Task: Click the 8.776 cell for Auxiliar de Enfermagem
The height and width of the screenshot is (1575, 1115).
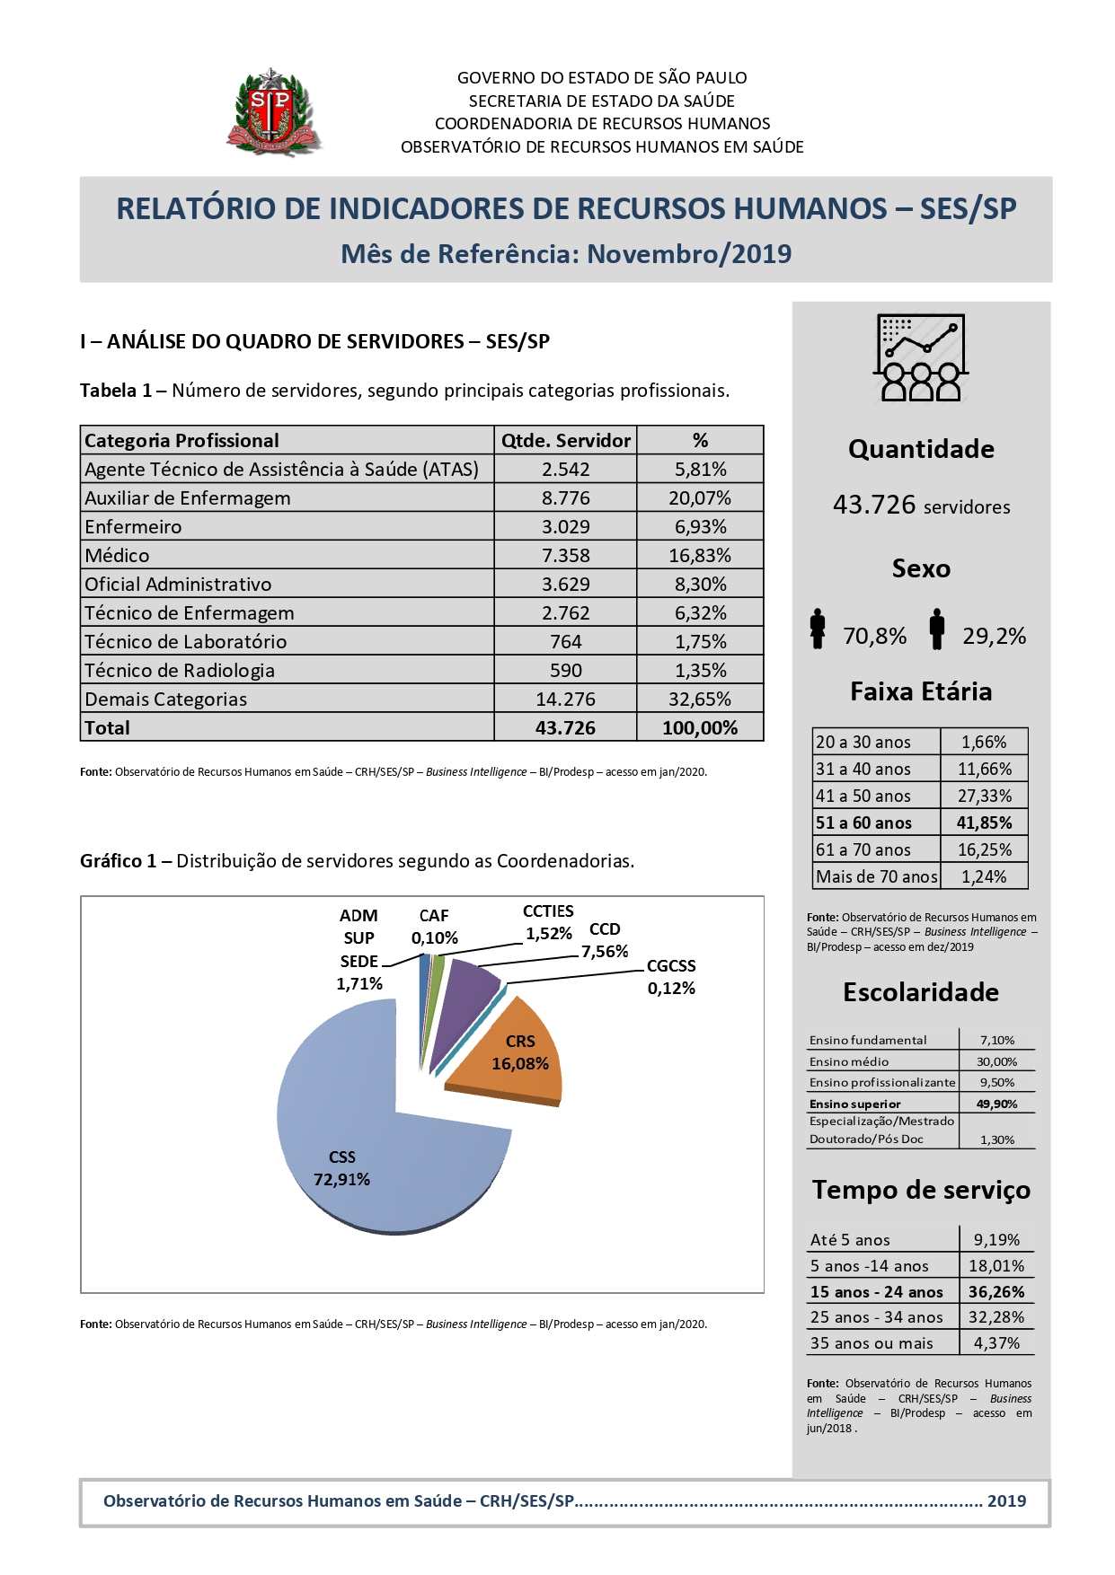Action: tap(565, 498)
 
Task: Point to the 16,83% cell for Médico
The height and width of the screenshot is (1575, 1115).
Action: tap(700, 556)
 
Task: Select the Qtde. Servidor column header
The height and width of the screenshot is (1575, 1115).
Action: tap(565, 441)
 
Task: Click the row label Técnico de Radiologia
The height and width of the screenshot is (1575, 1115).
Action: tap(180, 671)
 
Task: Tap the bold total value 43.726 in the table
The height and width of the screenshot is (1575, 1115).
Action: tap(565, 728)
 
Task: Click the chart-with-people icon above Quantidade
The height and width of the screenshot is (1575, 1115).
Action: tap(921, 357)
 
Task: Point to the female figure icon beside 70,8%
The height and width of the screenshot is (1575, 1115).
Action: tap(818, 629)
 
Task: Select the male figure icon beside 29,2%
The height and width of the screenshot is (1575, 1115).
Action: tap(937, 629)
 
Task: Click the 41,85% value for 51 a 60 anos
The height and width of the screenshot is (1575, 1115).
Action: tap(984, 823)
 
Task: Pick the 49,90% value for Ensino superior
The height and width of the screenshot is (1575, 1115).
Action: tap(996, 1104)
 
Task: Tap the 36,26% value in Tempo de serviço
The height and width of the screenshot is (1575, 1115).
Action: tap(996, 1292)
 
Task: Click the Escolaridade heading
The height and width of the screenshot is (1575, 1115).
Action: tap(921, 992)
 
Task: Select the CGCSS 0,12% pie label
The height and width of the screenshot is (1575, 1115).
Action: tap(671, 977)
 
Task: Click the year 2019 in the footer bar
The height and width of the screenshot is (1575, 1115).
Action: tap(1006, 1501)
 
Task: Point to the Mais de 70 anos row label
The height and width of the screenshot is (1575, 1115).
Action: tap(876, 877)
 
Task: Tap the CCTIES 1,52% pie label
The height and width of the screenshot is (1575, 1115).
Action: tap(548, 922)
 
